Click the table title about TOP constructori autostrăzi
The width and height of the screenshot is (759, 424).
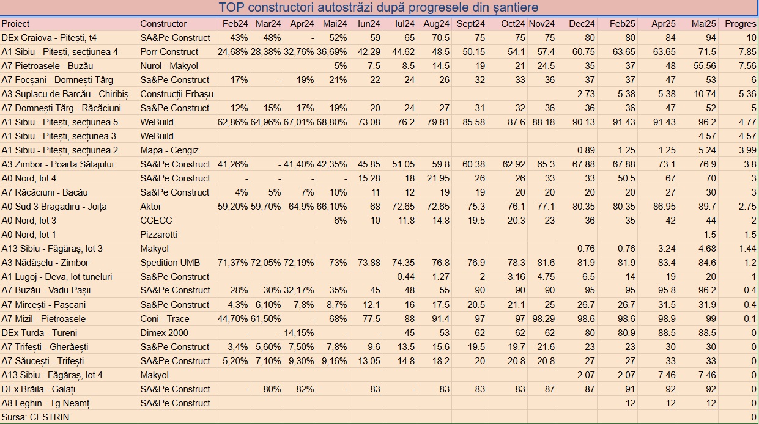click(379, 8)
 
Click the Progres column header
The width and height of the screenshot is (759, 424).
click(740, 24)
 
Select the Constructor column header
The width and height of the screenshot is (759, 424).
click(163, 24)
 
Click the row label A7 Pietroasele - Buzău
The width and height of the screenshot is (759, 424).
click(47, 66)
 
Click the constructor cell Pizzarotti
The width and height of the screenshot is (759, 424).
click(159, 235)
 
